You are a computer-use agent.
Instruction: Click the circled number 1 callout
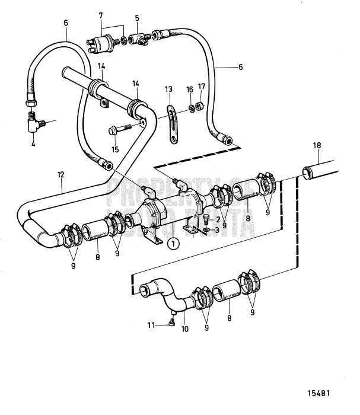pyautogui.click(x=172, y=242)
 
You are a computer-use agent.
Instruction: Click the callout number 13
pyautogui.click(x=169, y=89)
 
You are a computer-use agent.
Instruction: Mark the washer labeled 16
pyautogui.click(x=191, y=108)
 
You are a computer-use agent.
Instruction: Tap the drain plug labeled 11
pyautogui.click(x=171, y=323)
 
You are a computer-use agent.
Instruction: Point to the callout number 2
pyautogui.click(x=217, y=220)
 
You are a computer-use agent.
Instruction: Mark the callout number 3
pyautogui.click(x=217, y=229)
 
